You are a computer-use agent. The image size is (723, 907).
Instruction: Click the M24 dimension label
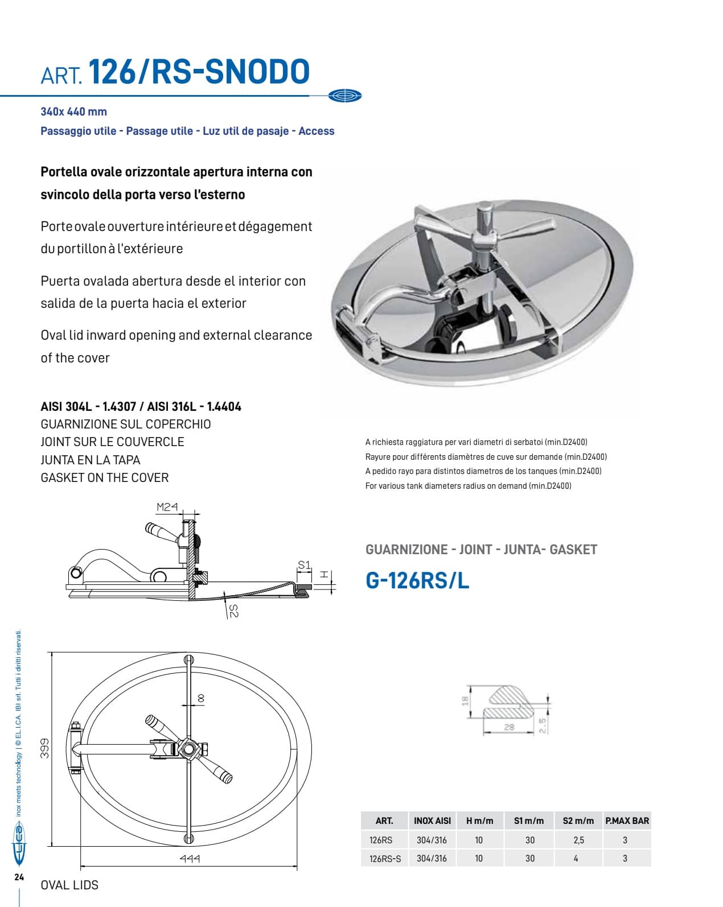tap(167, 506)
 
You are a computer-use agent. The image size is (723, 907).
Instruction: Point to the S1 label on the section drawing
tap(305, 565)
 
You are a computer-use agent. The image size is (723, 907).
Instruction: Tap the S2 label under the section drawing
tap(233, 611)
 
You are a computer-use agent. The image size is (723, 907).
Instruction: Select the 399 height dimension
tap(44, 748)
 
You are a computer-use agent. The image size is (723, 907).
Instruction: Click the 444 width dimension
tap(190, 859)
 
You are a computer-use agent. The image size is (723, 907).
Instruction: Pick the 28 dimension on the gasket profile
tap(509, 727)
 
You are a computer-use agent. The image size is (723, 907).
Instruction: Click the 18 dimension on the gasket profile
tap(465, 702)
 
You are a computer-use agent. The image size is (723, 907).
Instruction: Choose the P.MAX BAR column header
tap(627, 821)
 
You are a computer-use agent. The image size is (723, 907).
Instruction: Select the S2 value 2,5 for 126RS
tap(578, 840)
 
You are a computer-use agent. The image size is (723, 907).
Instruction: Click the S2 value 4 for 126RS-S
tap(576, 858)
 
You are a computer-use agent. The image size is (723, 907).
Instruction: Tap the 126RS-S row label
tap(385, 859)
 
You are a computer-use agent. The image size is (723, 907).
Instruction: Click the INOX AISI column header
tap(432, 821)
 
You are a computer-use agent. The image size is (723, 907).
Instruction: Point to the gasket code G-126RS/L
tap(417, 581)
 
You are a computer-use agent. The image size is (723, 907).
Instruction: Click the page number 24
tap(19, 877)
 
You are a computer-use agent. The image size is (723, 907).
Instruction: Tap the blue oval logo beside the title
tap(345, 96)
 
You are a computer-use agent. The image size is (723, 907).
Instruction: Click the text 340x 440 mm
tap(73, 112)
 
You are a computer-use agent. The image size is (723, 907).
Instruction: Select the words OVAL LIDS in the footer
tap(69, 885)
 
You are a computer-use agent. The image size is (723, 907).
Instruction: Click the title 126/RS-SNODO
tap(199, 72)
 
